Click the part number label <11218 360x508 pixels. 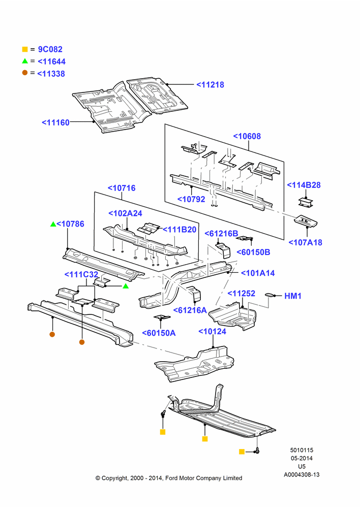210,84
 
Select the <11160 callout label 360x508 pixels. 55,122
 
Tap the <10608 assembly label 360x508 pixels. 247,136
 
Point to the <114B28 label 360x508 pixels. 304,185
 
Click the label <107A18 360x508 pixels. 305,242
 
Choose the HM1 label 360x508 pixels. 293,296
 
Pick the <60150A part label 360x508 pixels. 159,333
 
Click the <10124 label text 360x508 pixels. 212,331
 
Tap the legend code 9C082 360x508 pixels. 50,49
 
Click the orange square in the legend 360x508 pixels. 25,49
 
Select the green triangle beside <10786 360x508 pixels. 53,224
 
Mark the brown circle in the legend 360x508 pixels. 25,73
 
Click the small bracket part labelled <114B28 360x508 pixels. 306,201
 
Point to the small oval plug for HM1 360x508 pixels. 269,295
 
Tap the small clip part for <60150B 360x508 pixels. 245,238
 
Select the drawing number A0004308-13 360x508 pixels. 302,474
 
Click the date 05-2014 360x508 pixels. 302,458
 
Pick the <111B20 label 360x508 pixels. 179,230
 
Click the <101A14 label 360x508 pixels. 258,273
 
